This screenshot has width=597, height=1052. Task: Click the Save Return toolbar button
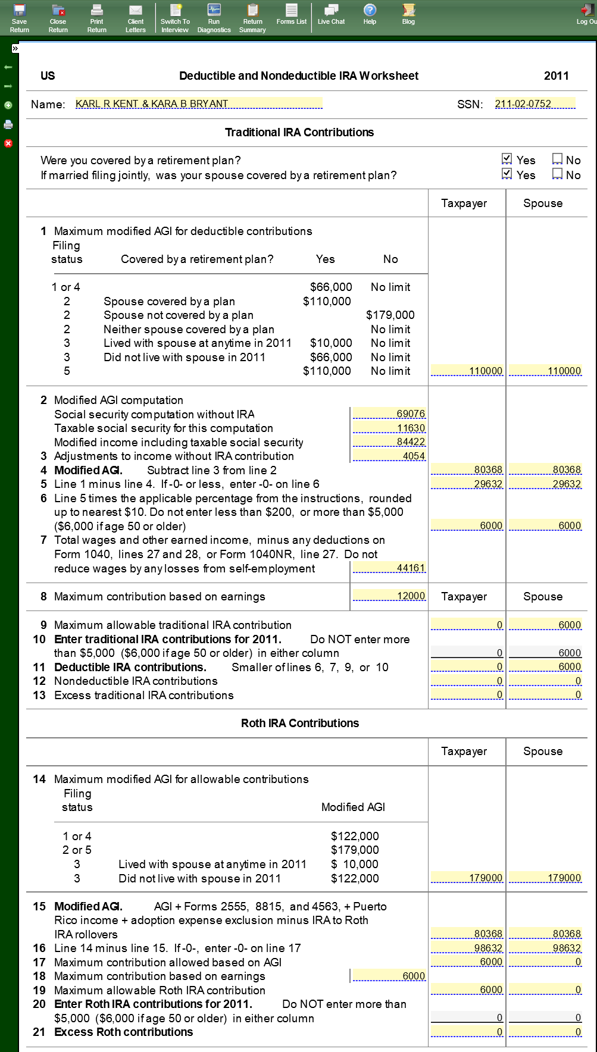click(x=19, y=18)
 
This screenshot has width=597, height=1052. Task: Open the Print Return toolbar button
click(x=96, y=18)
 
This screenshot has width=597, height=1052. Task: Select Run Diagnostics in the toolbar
click(x=214, y=18)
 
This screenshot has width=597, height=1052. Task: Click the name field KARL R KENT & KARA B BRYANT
click(x=199, y=104)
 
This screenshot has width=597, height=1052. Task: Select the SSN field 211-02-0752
click(x=535, y=104)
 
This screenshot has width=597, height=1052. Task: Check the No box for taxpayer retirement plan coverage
click(x=558, y=159)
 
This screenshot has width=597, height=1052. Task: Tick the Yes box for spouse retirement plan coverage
click(x=507, y=174)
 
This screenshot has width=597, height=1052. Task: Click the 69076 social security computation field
click(x=389, y=414)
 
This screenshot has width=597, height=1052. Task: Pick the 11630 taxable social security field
click(x=389, y=428)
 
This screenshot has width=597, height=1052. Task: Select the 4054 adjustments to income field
click(x=389, y=456)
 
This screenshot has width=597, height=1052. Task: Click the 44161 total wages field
click(x=389, y=568)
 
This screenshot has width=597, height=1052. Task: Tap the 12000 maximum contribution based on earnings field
click(x=389, y=596)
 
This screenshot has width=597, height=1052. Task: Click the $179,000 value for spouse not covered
click(x=390, y=315)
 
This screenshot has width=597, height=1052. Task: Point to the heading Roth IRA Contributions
click(x=300, y=723)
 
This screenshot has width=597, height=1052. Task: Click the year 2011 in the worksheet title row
click(x=556, y=76)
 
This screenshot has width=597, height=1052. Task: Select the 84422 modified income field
click(x=389, y=442)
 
